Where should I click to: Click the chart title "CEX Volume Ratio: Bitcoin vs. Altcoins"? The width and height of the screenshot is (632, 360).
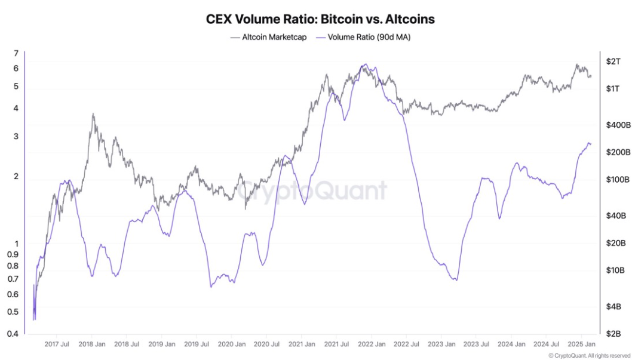(x=320, y=19)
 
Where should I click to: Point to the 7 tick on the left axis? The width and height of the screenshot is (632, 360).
(x=16, y=54)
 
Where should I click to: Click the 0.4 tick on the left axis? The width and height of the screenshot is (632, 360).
(x=13, y=333)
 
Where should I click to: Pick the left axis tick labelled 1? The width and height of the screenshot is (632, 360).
(x=16, y=244)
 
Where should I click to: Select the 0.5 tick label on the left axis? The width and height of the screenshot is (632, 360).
(x=13, y=312)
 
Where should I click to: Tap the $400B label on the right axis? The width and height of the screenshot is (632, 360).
(x=618, y=125)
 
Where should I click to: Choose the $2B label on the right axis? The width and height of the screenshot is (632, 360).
(x=613, y=333)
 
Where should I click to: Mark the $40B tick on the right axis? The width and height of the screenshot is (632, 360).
(x=616, y=216)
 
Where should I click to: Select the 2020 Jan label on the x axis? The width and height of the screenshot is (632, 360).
(x=231, y=344)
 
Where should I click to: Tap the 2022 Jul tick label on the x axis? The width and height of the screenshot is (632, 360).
(x=406, y=344)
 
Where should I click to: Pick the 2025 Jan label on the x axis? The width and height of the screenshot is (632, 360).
(x=581, y=344)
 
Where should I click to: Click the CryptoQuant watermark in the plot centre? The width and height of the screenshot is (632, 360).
(x=309, y=191)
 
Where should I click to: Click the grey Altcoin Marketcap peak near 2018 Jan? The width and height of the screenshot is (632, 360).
(x=93, y=114)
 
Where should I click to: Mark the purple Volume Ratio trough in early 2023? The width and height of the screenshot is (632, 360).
(x=455, y=279)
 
